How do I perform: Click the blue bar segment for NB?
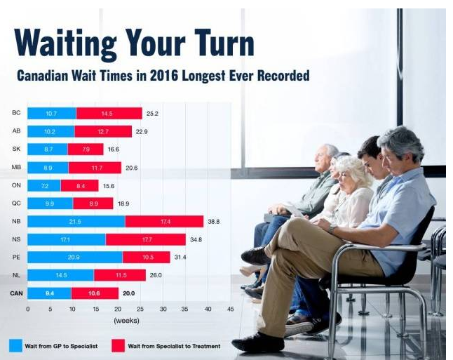[x=76, y=221]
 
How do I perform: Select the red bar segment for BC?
[x=107, y=113]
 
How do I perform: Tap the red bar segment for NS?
[x=145, y=239]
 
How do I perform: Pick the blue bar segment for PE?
[x=75, y=258]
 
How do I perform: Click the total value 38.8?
[x=215, y=221]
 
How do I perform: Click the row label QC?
[x=16, y=203]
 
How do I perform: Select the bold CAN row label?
[x=15, y=293]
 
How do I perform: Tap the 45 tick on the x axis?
[x=230, y=309]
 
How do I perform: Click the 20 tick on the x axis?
[x=118, y=309]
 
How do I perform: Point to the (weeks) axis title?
[x=127, y=321]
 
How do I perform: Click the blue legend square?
[x=15, y=345]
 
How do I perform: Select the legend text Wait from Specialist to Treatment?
[x=175, y=346]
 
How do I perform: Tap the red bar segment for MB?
[x=95, y=167]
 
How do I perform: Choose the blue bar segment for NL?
[x=61, y=275]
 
